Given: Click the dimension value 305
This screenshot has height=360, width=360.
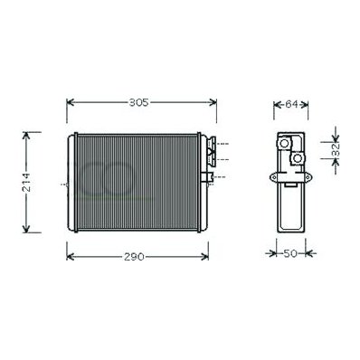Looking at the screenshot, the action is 138,102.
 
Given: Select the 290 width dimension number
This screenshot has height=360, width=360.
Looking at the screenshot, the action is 134,257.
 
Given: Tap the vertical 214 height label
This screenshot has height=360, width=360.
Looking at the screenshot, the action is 27,183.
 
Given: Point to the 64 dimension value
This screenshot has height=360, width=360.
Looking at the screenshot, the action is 291,104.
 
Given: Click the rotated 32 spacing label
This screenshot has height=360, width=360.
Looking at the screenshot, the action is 336,149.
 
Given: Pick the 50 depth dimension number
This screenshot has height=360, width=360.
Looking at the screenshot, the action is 290,253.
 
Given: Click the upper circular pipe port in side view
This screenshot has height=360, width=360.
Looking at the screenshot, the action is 284,143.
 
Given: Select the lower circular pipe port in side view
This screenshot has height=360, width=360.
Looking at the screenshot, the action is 298,157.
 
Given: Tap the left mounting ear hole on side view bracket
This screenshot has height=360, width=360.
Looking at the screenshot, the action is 274,177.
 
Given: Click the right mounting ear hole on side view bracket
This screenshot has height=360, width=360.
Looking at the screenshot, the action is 308,177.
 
